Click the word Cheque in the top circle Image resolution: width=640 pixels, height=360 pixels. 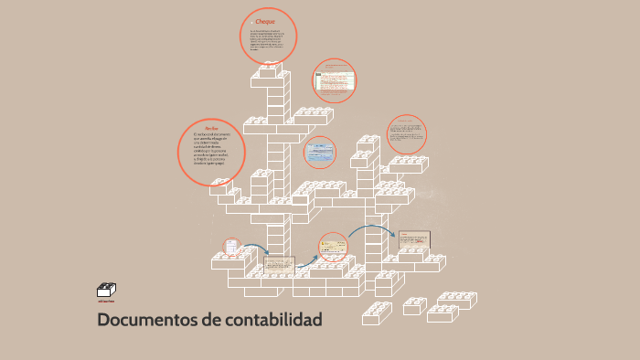(x=265, y=21)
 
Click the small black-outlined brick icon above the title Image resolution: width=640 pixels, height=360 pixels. (x=106, y=289)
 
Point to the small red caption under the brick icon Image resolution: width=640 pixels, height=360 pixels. (x=106, y=300)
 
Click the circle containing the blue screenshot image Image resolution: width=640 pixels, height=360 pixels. (x=320, y=153)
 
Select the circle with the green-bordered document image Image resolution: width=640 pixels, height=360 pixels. (x=334, y=81)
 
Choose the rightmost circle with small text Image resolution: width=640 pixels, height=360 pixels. (x=406, y=134)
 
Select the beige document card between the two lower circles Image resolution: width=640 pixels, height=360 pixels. (x=280, y=265)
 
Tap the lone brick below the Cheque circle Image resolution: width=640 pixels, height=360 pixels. (x=271, y=70)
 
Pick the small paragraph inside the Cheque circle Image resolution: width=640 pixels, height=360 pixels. (x=267, y=42)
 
